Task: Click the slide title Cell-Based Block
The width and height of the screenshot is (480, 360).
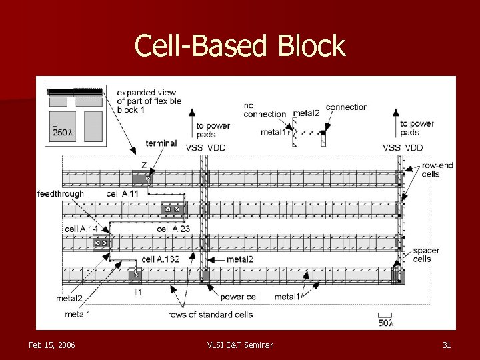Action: point(240,46)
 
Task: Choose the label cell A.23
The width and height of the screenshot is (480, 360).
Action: point(173,229)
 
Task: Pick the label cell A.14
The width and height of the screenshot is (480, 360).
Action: point(81,229)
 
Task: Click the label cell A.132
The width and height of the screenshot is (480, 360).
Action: point(160,259)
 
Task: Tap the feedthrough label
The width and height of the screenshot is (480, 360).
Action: point(61,194)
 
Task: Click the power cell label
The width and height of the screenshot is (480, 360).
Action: point(239,297)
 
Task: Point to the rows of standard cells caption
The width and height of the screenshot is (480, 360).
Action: point(210,315)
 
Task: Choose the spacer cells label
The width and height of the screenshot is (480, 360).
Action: point(426,255)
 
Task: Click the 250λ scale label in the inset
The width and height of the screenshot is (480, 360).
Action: point(63,133)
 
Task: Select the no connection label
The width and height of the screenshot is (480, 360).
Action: point(264,109)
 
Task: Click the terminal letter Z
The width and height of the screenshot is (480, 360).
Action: point(144,164)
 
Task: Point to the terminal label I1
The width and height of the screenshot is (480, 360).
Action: point(137,291)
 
